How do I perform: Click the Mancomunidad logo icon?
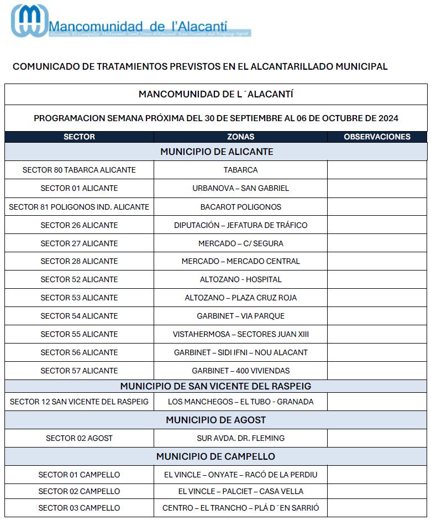(29, 20)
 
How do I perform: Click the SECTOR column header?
(79, 137)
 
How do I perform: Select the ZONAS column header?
(240, 137)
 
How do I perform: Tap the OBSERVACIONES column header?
(377, 137)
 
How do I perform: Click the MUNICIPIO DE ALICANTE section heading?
(217, 152)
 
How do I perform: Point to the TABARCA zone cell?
(240, 170)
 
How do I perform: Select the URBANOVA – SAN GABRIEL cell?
(240, 188)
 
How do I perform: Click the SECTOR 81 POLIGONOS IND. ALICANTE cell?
(79, 207)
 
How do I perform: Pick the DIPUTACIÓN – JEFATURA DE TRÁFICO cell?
(240, 225)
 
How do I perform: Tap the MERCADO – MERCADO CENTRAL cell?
(240, 261)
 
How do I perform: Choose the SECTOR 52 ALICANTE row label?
(79, 279)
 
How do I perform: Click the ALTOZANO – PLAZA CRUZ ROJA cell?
(240, 298)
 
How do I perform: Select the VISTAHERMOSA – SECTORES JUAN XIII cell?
(240, 334)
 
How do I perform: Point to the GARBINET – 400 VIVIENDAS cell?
(240, 371)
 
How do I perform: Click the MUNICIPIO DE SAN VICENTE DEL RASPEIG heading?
(215, 386)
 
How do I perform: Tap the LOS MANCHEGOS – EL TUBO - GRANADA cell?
(240, 402)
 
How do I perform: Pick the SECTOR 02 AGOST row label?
(79, 438)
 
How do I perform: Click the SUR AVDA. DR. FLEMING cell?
(240, 438)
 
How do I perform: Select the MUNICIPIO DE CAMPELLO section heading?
(215, 456)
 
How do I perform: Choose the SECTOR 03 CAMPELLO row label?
(79, 508)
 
